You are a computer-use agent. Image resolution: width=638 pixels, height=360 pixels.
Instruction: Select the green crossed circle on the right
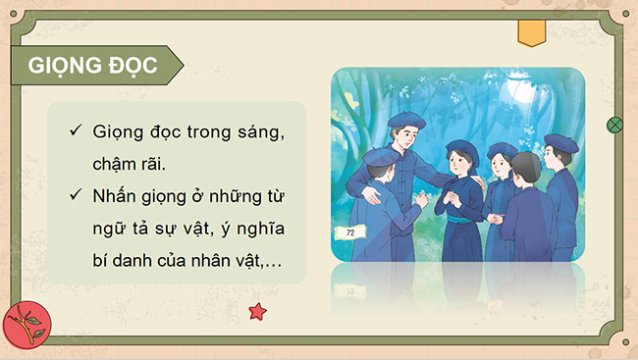pyautogui.click(x=615, y=125)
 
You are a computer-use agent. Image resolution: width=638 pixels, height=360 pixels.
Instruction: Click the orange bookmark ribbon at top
pyautogui.click(x=532, y=33)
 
